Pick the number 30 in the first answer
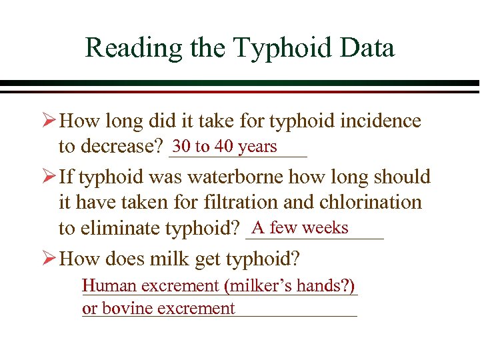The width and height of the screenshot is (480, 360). click(x=181, y=146)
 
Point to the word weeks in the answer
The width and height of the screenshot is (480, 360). click(x=325, y=228)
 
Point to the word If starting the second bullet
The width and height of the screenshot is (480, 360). click(x=67, y=177)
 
